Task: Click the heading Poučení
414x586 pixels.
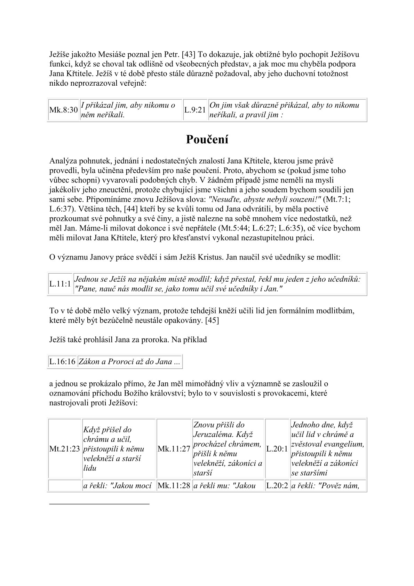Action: pyautogui.click(x=207, y=140)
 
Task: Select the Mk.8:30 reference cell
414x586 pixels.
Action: pyautogui.click(x=63, y=110)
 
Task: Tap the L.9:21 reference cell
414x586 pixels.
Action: pyautogui.click(x=195, y=110)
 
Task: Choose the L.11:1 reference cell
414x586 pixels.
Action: pyautogui.click(x=60, y=284)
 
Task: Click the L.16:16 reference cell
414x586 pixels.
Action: pyautogui.click(x=62, y=362)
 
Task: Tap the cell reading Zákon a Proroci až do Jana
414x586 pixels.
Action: pyautogui.click(x=129, y=362)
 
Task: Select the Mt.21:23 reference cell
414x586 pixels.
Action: pyautogui.click(x=65, y=449)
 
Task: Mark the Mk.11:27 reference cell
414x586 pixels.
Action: pyautogui.click(x=174, y=449)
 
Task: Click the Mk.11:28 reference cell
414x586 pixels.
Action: pyautogui.click(x=174, y=486)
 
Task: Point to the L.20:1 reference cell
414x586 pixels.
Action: pyautogui.click(x=277, y=449)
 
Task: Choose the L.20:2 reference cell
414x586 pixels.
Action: pyautogui.click(x=277, y=486)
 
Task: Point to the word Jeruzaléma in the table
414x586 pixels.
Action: pyautogui.click(x=213, y=435)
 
